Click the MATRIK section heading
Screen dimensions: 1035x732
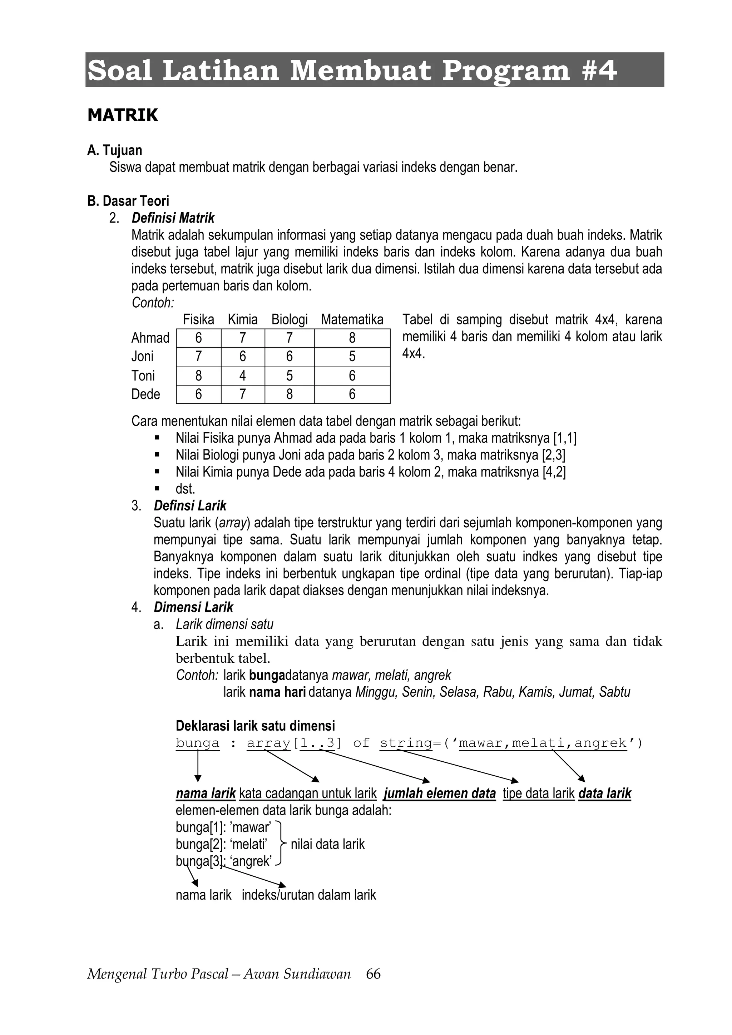click(123, 115)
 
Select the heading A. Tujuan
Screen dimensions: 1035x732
click(115, 150)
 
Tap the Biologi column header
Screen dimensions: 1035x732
click(289, 320)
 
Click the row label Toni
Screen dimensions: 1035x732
click(143, 375)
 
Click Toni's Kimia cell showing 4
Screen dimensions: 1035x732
click(243, 375)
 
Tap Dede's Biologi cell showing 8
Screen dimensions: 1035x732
click(289, 394)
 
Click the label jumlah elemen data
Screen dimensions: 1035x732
click(439, 793)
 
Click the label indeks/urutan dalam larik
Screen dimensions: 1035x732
click(308, 895)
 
